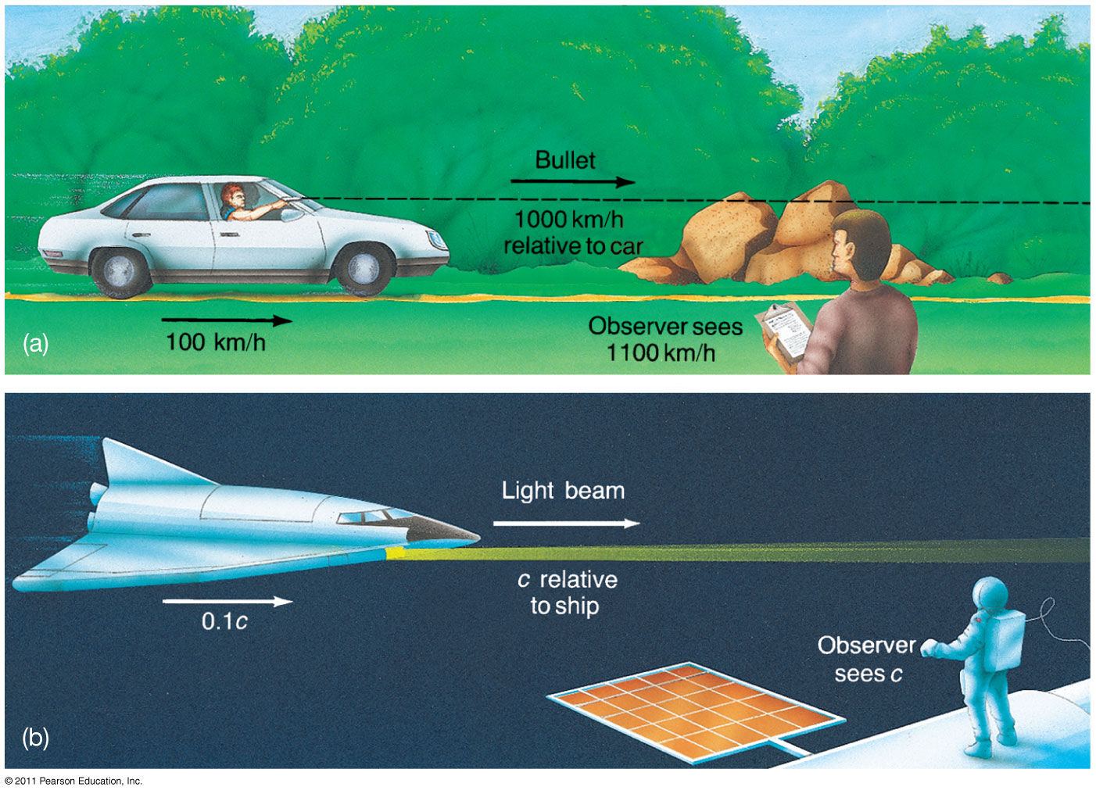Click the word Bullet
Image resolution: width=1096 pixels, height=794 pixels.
pos(565,160)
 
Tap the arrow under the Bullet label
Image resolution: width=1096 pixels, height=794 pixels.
pos(573,182)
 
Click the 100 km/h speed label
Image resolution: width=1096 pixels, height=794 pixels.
pos(215,342)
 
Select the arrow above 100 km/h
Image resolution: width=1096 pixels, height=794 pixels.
pos(227,320)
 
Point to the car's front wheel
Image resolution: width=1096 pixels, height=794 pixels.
pos(363,270)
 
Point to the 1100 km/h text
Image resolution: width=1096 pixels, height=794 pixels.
pos(661,352)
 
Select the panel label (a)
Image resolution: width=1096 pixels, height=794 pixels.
pos(36,343)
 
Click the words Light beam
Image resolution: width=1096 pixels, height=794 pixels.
pos(563,490)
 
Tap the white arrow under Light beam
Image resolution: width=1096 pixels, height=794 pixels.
pos(567,524)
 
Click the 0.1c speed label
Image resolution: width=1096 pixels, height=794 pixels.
pos(224,621)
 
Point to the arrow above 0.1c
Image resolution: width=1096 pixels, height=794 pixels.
pos(227,601)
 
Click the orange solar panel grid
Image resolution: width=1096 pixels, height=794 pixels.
pos(695,711)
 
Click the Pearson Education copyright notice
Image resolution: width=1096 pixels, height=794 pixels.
pos(73,781)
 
